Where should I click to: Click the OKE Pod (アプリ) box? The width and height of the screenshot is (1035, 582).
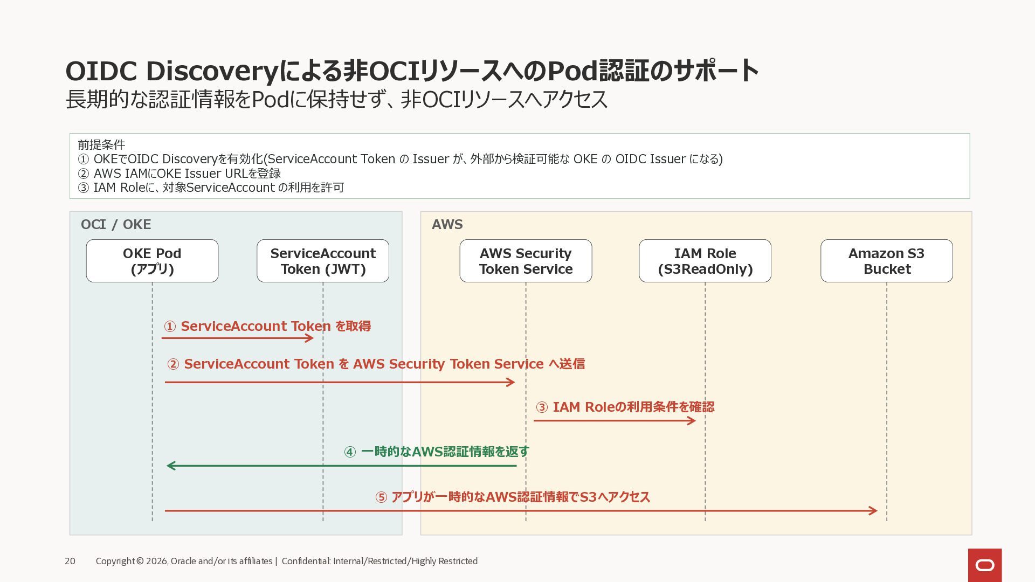tap(152, 261)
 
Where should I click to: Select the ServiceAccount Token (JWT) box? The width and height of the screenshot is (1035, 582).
tap(323, 261)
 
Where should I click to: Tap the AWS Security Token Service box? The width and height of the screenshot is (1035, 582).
tap(526, 261)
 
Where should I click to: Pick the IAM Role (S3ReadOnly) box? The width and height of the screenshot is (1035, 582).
tap(705, 261)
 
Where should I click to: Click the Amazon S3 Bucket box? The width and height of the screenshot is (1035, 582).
tap(887, 261)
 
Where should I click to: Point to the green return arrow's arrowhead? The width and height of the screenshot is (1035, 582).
tap(171, 466)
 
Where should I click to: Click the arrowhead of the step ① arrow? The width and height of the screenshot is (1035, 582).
tap(309, 338)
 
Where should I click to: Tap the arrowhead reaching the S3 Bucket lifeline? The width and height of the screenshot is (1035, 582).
tap(873, 510)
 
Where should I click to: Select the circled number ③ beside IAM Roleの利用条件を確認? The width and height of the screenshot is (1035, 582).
tap(542, 407)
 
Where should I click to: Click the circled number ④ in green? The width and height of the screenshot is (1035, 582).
tap(350, 452)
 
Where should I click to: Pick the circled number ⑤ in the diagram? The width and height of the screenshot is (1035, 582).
tap(381, 497)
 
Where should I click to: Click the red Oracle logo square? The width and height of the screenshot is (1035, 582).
tap(985, 565)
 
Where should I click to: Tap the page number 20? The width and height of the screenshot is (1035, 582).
tap(70, 561)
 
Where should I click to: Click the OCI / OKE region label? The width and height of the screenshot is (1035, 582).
tap(116, 224)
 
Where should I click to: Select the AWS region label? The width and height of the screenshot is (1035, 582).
tap(447, 224)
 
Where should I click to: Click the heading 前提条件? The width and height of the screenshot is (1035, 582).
tap(101, 144)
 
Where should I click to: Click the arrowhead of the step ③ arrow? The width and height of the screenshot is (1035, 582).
tap(692, 420)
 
